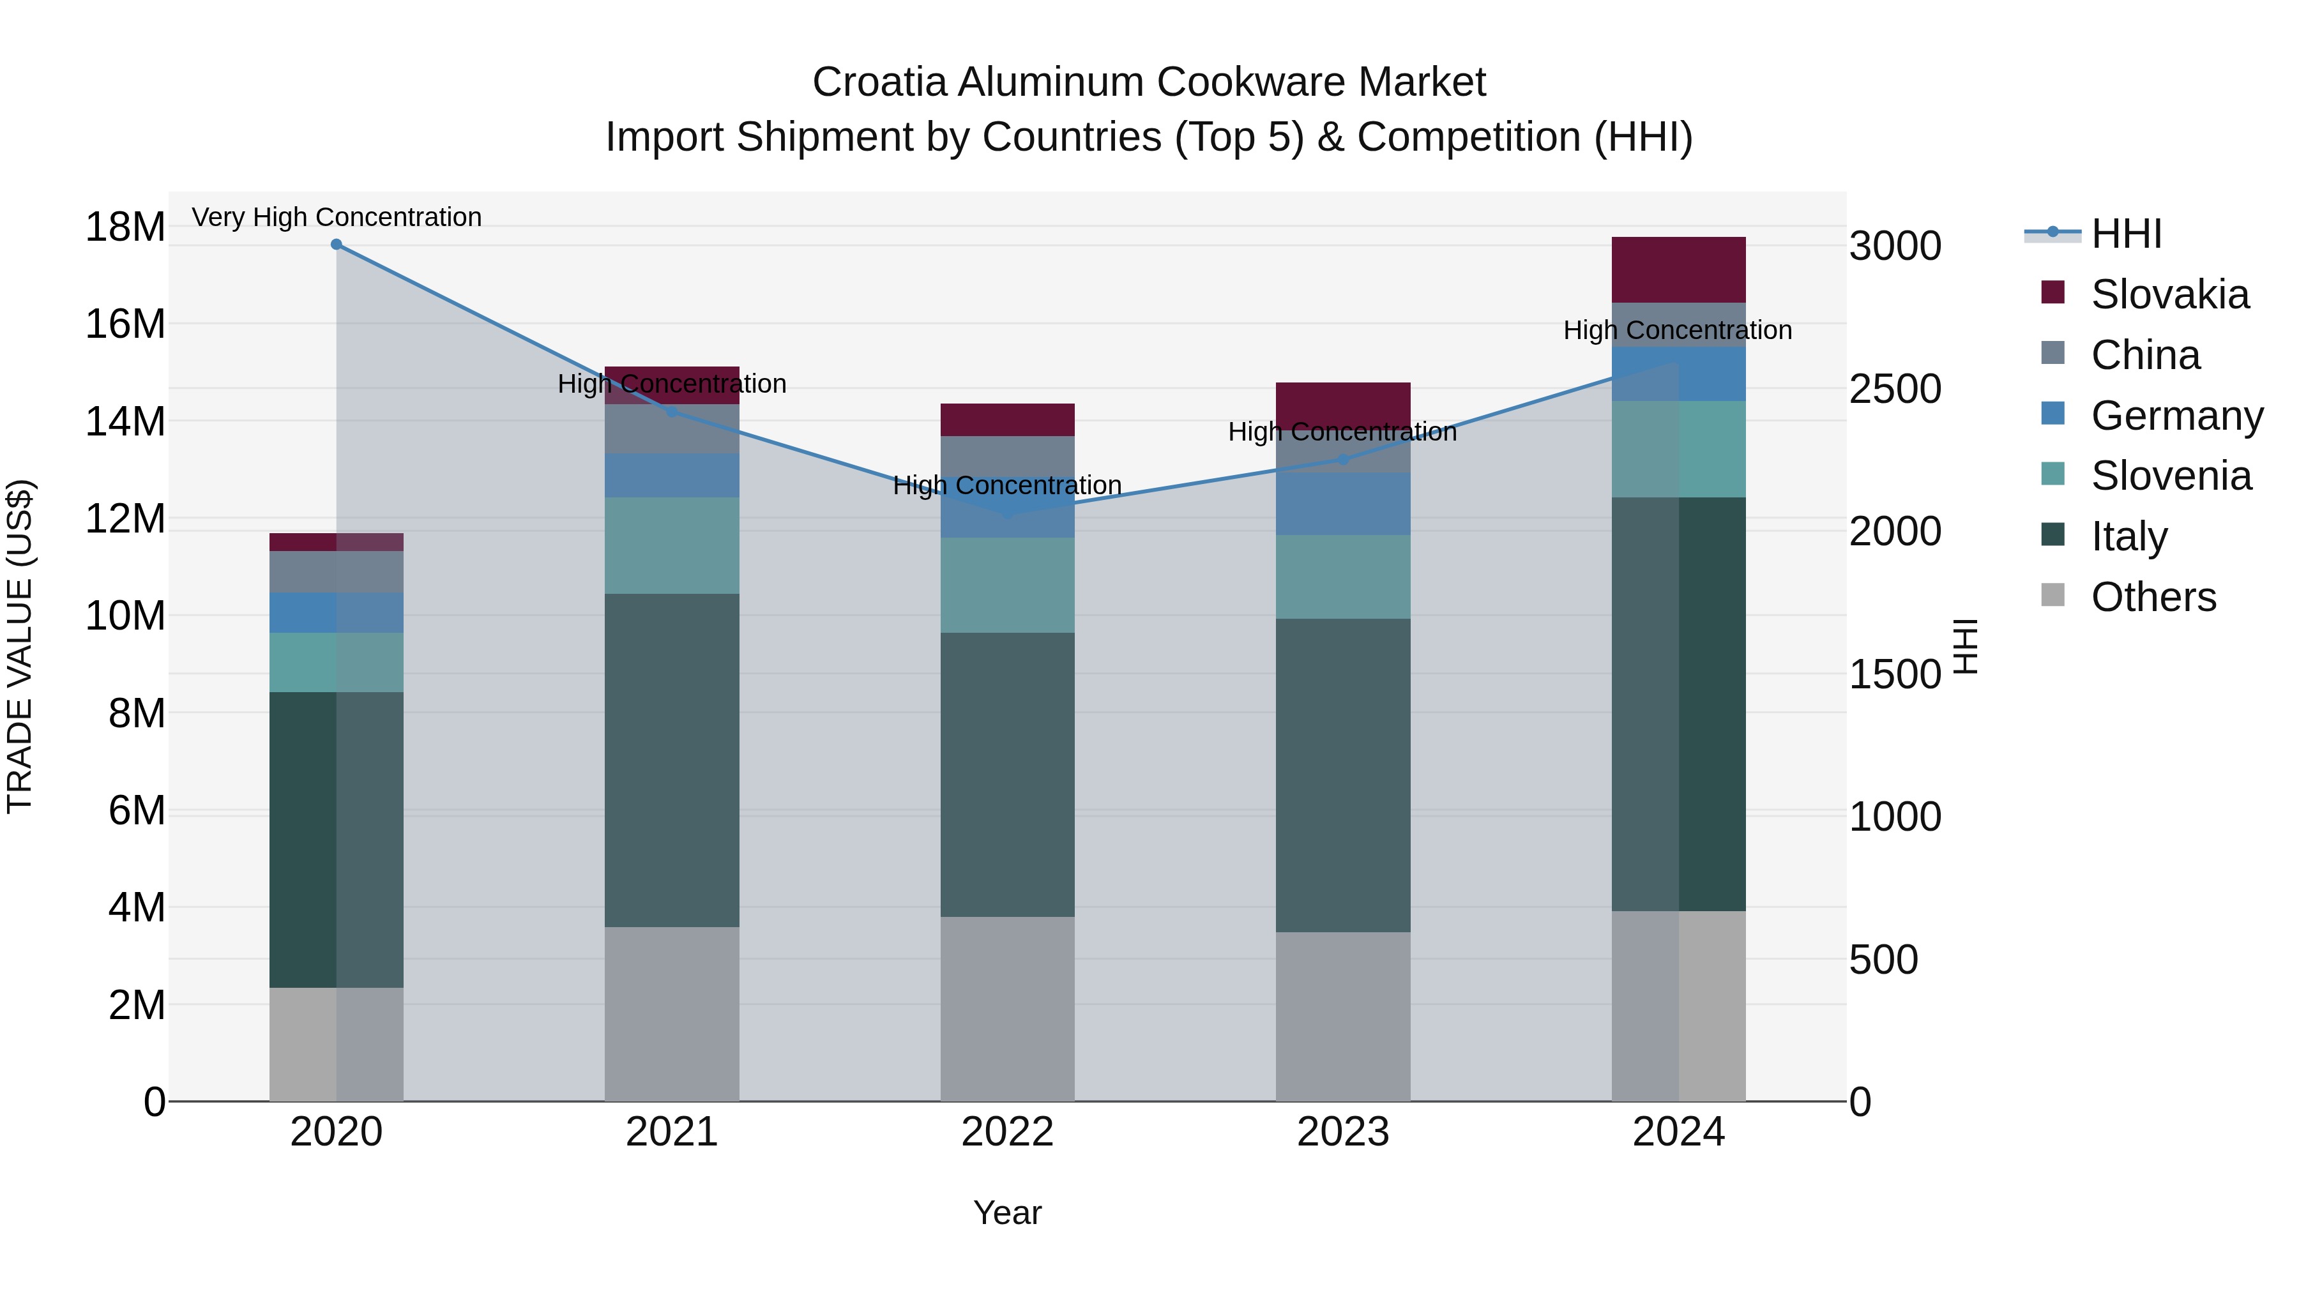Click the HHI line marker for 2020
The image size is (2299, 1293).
click(x=337, y=245)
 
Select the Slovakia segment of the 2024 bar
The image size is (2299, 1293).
click(x=1678, y=269)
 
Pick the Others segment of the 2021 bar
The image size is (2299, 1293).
click(x=671, y=1014)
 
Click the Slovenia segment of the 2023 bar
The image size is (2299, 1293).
click(x=1342, y=577)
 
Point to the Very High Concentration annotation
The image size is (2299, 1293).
click(x=337, y=218)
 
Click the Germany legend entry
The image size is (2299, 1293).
click(x=2176, y=416)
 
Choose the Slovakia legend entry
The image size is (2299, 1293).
click(x=2169, y=294)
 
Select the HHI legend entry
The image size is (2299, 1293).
click(x=2126, y=234)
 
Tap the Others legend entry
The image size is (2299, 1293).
click(x=2153, y=597)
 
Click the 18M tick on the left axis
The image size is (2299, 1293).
click(x=125, y=227)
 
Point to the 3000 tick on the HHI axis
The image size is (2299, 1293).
click(x=1895, y=246)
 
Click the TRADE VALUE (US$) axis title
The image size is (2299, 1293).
click(x=20, y=646)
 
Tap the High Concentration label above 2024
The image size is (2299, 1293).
click(x=1677, y=330)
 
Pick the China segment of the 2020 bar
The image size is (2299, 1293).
click(x=337, y=572)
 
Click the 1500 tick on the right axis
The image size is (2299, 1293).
click(x=1895, y=675)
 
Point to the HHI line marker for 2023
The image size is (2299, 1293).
click(x=1342, y=460)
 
